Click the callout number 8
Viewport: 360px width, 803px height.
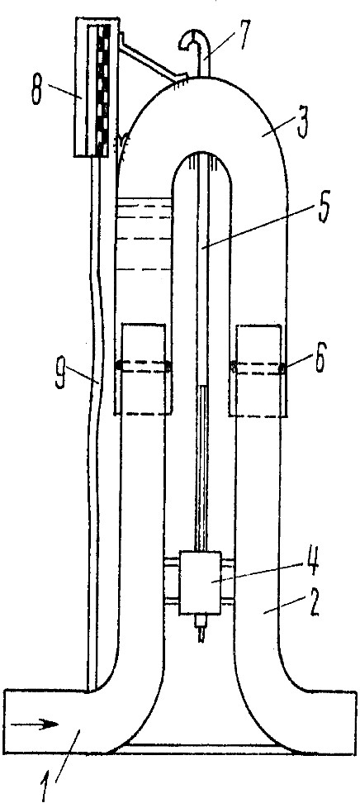click(36, 91)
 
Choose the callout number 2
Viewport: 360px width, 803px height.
click(314, 603)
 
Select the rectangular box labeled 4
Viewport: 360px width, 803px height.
click(200, 582)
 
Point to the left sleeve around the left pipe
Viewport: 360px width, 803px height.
click(143, 368)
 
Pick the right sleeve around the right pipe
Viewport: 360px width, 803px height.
click(257, 368)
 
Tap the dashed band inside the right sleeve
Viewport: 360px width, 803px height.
click(257, 368)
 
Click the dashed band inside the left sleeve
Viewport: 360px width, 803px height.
click(143, 366)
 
